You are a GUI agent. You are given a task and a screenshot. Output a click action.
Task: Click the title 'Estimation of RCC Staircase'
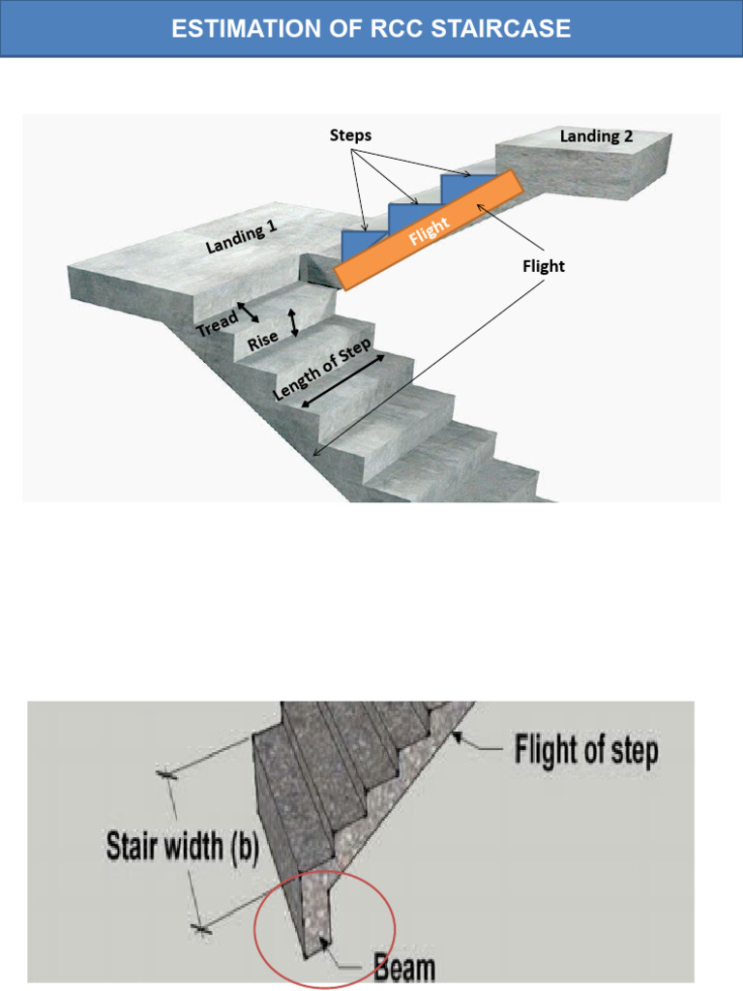coord(371,28)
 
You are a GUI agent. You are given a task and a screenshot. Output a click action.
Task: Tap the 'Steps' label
coord(350,135)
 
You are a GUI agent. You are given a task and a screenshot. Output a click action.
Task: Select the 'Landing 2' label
coord(596,136)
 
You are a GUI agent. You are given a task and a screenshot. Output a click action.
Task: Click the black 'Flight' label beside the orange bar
coord(543,266)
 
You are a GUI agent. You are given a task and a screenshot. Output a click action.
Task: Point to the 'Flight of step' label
coord(586,751)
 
